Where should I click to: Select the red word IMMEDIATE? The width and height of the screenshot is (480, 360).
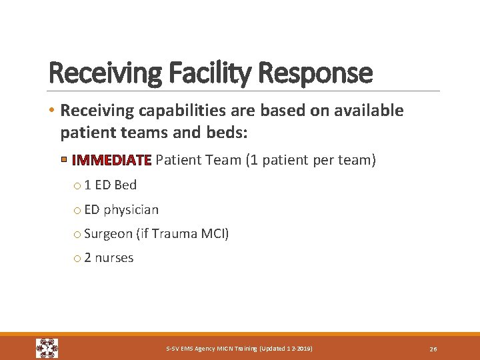pos(112,160)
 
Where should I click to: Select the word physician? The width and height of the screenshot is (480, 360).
pos(131,210)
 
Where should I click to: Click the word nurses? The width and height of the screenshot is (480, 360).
pos(114,258)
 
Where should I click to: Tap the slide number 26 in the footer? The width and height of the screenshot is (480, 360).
pos(433,349)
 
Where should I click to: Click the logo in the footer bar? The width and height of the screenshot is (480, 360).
pos(47,348)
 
